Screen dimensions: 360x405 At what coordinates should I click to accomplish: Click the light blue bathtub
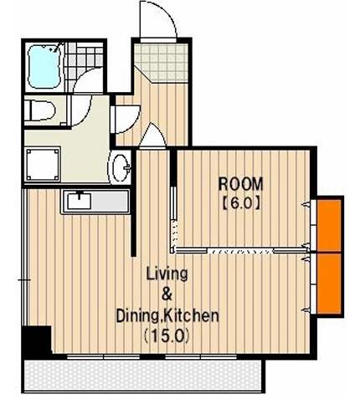click(44, 66)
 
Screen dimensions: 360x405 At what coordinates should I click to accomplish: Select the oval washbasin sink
click(121, 167)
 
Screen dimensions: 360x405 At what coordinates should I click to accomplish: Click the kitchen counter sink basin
click(80, 201)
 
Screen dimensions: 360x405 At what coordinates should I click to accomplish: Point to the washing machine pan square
click(43, 164)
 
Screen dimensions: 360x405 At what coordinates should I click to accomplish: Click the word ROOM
click(240, 184)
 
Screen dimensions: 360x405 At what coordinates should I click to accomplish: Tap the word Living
click(167, 274)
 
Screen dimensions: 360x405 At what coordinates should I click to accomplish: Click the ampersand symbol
click(167, 295)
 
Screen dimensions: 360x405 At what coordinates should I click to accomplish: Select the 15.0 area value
click(167, 336)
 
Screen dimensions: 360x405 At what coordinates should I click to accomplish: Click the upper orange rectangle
click(329, 225)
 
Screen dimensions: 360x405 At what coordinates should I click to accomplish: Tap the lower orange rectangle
click(329, 283)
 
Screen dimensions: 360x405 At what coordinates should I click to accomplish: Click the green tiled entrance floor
click(161, 62)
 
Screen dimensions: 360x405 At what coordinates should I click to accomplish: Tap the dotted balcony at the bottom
click(143, 376)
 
